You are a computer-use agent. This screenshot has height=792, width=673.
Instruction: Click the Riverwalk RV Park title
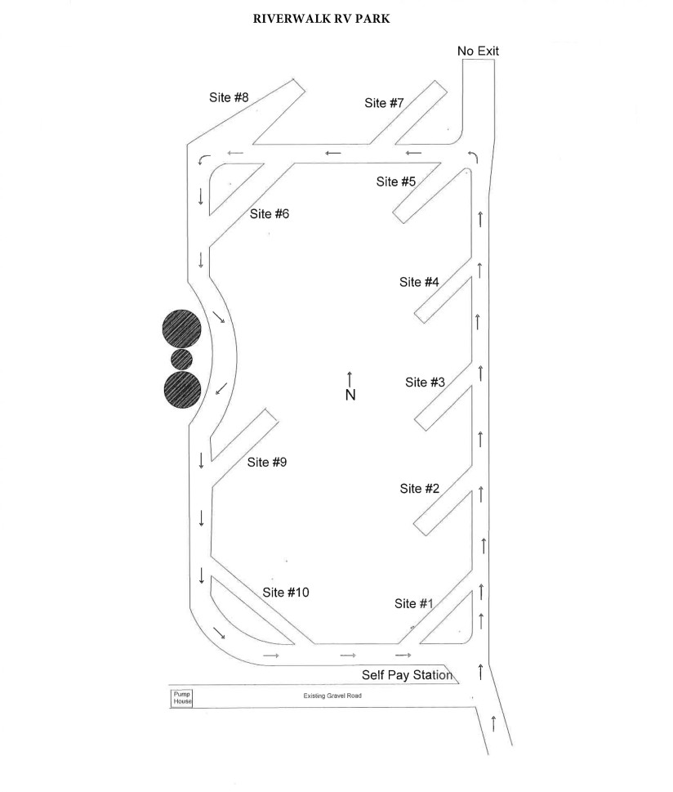pyautogui.click(x=321, y=19)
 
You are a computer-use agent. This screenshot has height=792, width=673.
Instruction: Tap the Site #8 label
pyautogui.click(x=229, y=97)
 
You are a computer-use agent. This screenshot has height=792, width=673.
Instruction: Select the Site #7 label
pyautogui.click(x=384, y=102)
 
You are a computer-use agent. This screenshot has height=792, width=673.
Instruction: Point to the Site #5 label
pyautogui.click(x=396, y=181)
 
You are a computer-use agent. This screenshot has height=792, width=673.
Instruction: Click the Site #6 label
pyautogui.click(x=269, y=213)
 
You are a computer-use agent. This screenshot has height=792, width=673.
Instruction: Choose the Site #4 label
pyautogui.click(x=419, y=282)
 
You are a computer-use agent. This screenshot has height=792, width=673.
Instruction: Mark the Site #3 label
pyautogui.click(x=425, y=382)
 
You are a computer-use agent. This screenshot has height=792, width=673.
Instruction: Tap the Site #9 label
pyautogui.click(x=266, y=462)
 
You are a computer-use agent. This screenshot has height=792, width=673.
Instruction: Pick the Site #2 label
pyautogui.click(x=420, y=489)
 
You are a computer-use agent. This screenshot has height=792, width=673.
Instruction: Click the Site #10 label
pyautogui.click(x=285, y=592)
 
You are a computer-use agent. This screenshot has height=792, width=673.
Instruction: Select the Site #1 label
pyautogui.click(x=413, y=603)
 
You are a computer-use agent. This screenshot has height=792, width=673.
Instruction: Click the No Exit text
pyautogui.click(x=478, y=51)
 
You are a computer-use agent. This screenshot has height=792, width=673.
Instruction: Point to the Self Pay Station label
pyautogui.click(x=407, y=675)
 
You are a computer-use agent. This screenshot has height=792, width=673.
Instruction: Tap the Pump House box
pyautogui.click(x=182, y=698)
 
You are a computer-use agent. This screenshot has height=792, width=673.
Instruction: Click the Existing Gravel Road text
pyautogui.click(x=332, y=696)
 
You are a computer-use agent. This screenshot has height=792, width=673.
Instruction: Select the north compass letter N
pyautogui.click(x=350, y=395)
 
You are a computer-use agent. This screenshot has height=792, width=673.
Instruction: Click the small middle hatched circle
pyautogui.click(x=182, y=359)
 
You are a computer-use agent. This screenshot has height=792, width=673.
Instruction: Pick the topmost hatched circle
pyautogui.click(x=182, y=329)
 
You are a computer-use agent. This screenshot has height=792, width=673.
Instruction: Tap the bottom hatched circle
pyautogui.click(x=183, y=389)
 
